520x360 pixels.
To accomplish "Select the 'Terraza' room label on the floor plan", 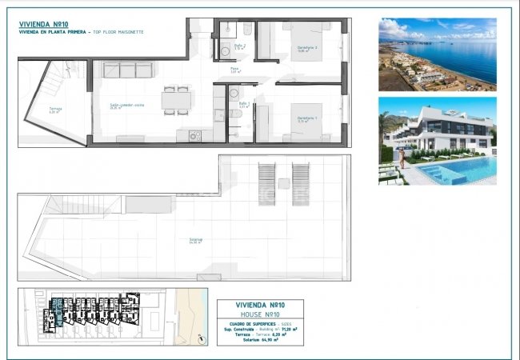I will [55, 110].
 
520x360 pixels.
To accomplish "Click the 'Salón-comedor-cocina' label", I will [126, 105].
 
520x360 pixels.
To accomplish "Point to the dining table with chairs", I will [177, 99].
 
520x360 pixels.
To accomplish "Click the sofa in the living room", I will [127, 70].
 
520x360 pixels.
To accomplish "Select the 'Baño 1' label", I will [244, 104].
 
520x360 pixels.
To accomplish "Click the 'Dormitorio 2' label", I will [307, 48].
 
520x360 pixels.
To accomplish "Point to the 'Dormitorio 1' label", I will [307, 118].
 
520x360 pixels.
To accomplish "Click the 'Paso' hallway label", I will [234, 70].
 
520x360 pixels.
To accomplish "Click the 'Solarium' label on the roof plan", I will [194, 239].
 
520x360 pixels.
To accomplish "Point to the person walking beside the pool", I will [403, 158].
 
